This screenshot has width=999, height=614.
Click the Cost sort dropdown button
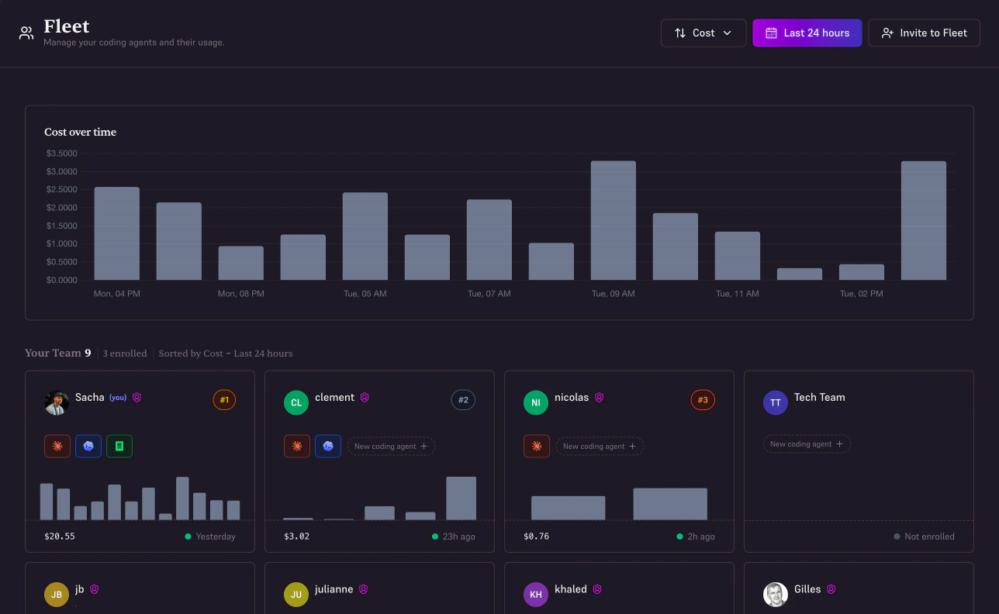703,33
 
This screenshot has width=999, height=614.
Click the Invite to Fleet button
924,33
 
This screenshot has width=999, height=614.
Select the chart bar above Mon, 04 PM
116,233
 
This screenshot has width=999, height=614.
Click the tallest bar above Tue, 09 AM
613,220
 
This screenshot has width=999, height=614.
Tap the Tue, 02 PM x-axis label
861,294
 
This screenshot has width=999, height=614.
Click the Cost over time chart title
80,133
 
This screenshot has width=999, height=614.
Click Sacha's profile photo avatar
57,402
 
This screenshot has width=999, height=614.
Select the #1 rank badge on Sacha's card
224,400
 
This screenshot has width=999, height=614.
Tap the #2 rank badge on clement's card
463,400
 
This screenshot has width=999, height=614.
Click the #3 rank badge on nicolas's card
703,400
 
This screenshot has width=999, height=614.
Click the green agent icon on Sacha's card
119,446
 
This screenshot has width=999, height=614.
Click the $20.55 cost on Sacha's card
60,536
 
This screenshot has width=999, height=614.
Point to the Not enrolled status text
929,536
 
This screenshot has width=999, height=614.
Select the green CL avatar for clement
296,402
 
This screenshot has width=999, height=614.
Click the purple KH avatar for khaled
536,595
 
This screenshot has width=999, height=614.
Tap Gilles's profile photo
776,595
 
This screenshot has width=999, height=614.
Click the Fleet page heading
67,26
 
